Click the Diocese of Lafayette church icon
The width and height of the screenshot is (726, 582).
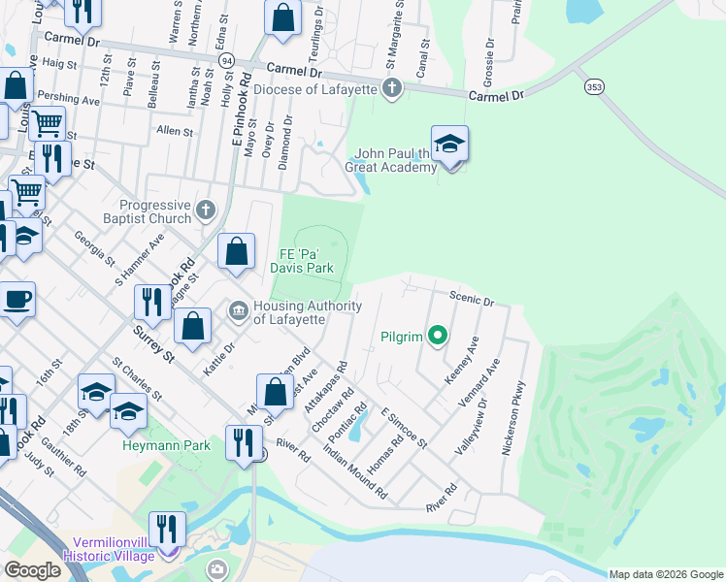coord(392,90)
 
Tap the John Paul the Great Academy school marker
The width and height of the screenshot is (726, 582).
coord(449,145)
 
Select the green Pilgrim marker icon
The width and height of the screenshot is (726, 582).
coord(438,337)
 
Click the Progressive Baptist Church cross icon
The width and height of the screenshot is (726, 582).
coord(205,210)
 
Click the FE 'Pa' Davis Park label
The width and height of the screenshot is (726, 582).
coord(307,261)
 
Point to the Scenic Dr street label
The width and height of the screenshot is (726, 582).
coord(472,299)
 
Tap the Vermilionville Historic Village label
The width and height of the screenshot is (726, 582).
coord(109,549)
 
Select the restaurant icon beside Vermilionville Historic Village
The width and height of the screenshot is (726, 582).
coord(168,530)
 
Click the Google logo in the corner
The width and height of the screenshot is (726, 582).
coord(32,570)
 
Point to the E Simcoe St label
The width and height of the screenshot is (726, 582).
coord(405,428)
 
